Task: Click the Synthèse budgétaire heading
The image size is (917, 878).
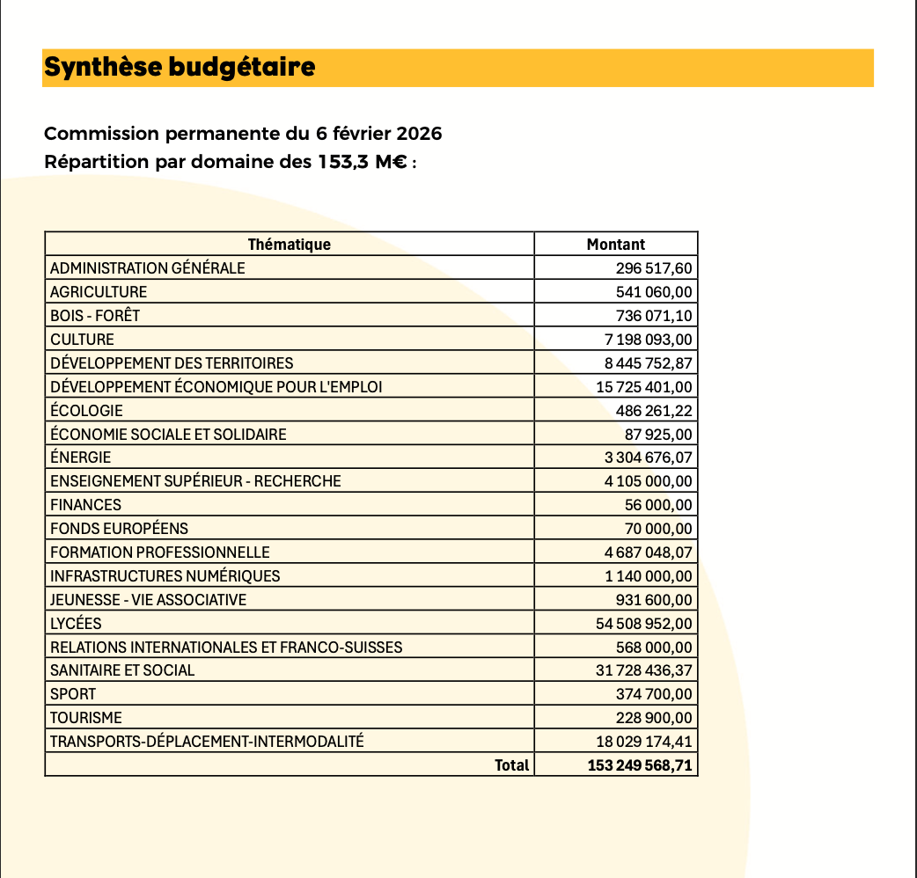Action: (x=180, y=67)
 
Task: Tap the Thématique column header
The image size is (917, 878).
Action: (x=289, y=245)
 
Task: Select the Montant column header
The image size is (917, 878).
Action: (x=616, y=245)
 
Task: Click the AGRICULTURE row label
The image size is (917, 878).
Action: (x=99, y=292)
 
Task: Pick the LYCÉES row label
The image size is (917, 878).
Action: (x=76, y=624)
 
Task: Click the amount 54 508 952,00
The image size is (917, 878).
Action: (x=644, y=624)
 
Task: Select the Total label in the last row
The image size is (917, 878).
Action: (x=512, y=765)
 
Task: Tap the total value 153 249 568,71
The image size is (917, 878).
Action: (x=640, y=765)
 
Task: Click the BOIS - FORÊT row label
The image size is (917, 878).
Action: (x=95, y=316)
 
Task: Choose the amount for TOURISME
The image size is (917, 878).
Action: (x=656, y=718)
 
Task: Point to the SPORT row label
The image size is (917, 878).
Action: (x=73, y=694)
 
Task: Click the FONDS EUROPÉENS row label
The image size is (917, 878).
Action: (x=119, y=529)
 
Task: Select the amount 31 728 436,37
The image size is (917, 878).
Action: (x=644, y=670)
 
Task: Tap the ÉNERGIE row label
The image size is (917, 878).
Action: (x=81, y=457)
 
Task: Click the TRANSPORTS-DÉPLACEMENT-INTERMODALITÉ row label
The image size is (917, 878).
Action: (x=207, y=742)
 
